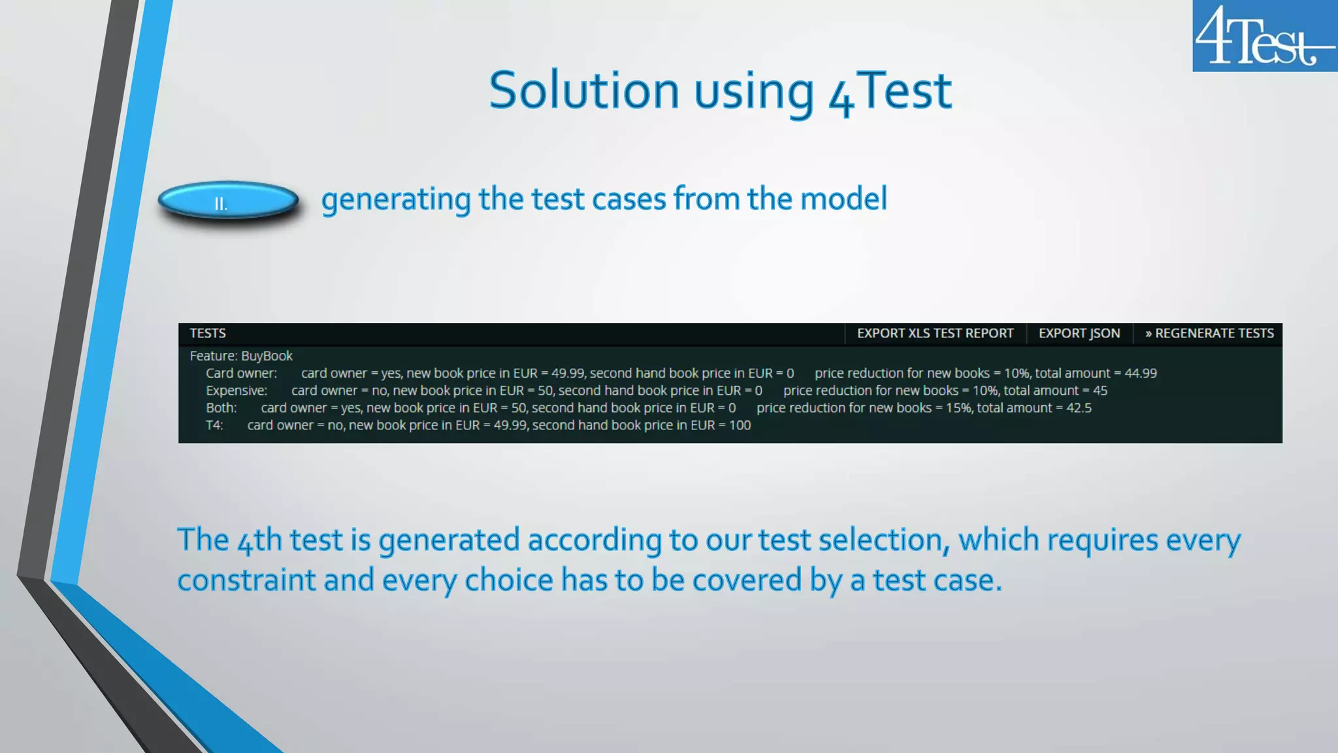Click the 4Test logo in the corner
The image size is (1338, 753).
coord(1264,36)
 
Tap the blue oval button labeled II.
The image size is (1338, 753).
coord(228,202)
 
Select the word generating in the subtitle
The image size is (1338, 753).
coord(395,199)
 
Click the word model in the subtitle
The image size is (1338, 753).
coord(843,199)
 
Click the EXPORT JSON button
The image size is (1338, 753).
coord(1079,333)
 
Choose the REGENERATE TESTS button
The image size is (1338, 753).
coord(1209,333)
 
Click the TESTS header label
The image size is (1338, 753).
coord(208,333)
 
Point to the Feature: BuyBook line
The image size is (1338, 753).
coord(241,356)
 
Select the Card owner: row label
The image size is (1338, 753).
coord(241,373)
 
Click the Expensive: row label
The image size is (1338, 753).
coord(237,390)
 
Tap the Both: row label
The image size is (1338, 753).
coord(221,408)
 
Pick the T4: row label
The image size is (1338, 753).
coord(214,425)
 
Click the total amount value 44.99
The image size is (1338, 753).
coord(1140,373)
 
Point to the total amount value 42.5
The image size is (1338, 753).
coord(1079,408)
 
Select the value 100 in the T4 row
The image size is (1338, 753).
coord(740,425)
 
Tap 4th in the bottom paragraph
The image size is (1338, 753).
coord(259,541)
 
